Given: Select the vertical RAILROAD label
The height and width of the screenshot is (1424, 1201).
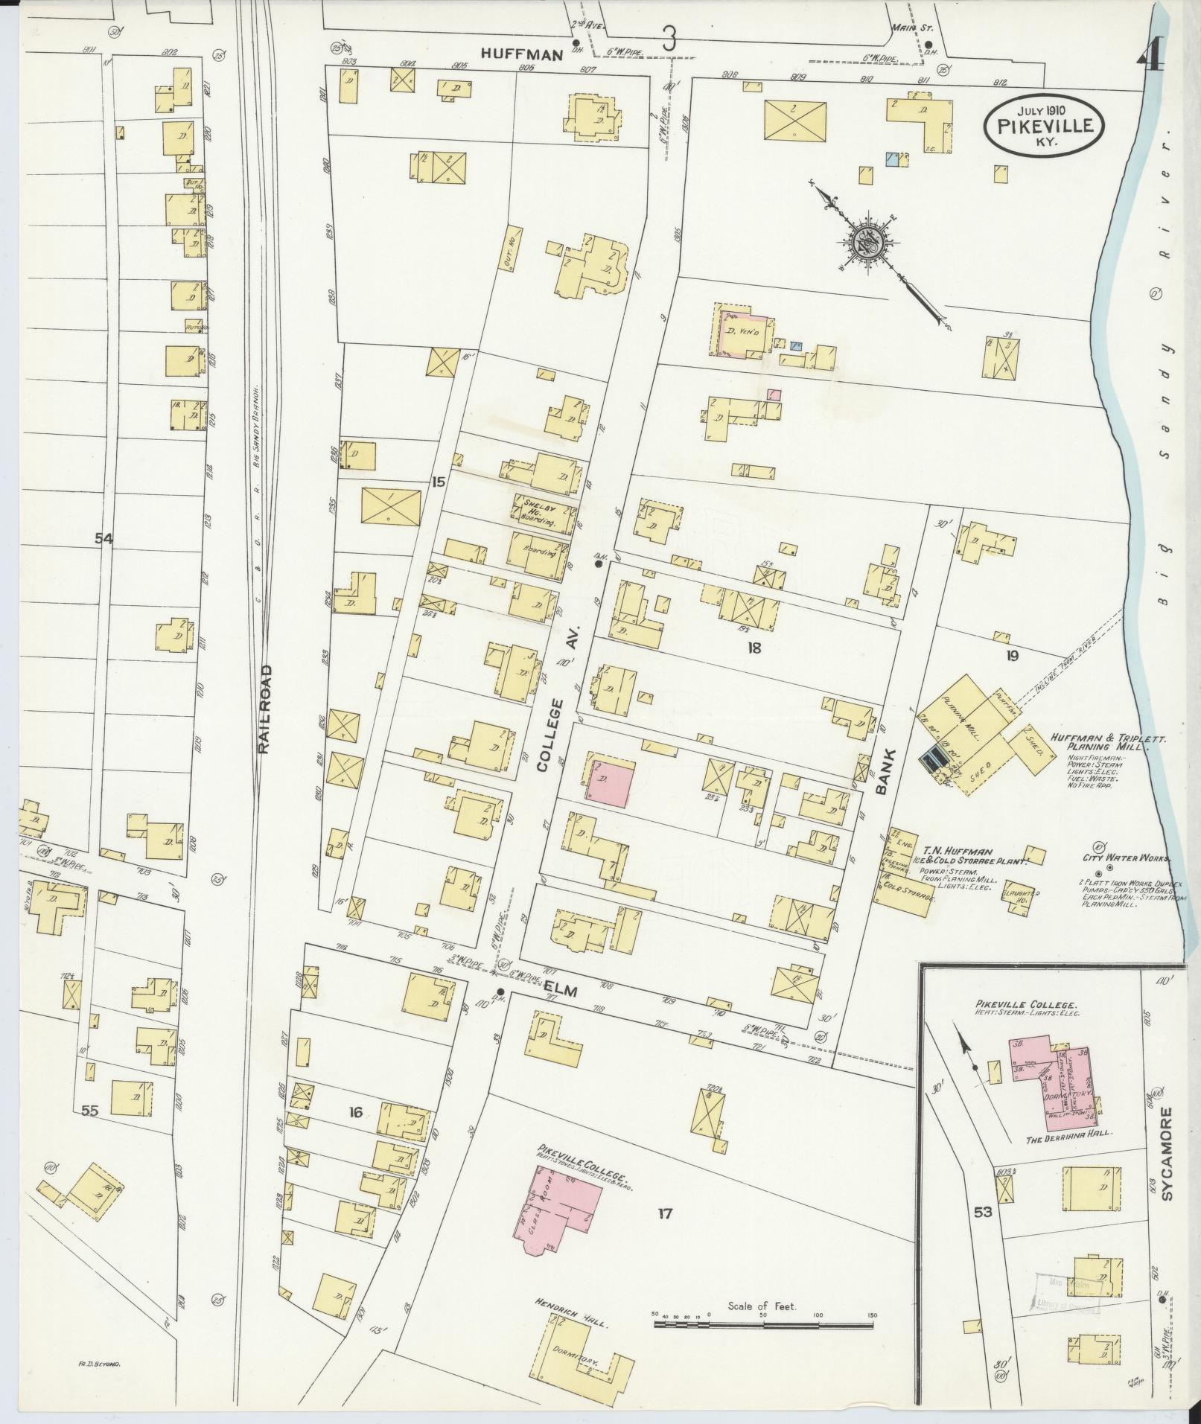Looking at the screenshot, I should coord(264,709).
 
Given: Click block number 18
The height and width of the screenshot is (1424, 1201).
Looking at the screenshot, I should coord(754,648).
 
